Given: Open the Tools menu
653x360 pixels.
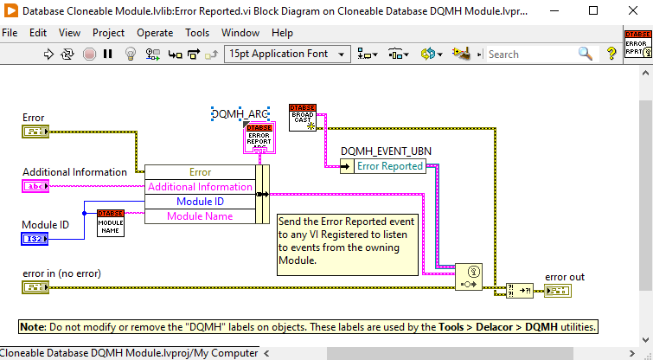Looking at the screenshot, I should tap(197, 33).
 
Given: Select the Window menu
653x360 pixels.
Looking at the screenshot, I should tap(240, 33).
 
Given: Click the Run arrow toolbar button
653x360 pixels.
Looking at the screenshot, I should tap(49, 54).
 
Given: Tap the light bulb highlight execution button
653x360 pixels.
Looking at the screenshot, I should tap(131, 54).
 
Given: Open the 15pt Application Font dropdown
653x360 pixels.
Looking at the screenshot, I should tap(286, 54).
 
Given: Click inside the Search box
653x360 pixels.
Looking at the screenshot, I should tap(529, 54).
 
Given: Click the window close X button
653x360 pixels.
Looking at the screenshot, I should tap(631, 11).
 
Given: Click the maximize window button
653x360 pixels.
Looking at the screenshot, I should tap(592, 11).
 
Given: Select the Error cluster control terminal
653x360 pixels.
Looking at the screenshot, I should tap(35, 132).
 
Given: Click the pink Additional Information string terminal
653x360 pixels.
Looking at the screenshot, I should tap(35, 186).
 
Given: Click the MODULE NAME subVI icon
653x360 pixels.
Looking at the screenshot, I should tap(111, 223).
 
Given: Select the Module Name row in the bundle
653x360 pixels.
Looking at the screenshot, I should tap(200, 216).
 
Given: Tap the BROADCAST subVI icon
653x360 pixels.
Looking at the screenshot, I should tap(302, 118).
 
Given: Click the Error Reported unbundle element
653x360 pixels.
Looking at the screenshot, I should tap(390, 166).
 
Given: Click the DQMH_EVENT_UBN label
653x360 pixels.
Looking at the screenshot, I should tap(386, 151).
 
